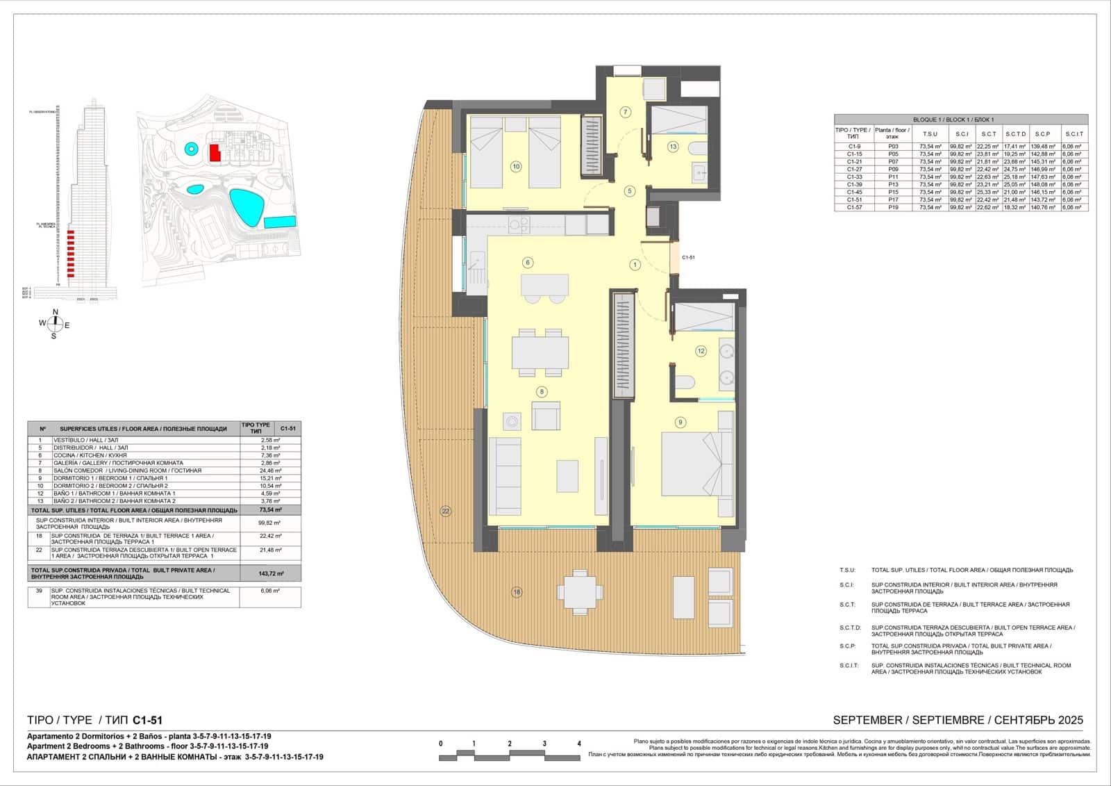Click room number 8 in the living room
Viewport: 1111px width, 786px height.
pos(541,392)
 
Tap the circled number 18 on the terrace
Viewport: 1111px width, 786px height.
pos(516,592)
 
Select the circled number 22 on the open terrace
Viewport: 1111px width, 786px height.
pos(446,511)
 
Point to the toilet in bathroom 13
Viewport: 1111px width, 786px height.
pos(697,148)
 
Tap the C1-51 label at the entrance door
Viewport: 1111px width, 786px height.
pos(688,258)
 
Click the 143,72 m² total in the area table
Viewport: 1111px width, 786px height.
pos(269,573)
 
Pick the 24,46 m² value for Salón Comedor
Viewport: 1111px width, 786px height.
pos(269,470)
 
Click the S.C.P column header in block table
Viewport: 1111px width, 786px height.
pos(1042,134)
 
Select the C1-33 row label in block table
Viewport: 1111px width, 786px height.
pos(854,177)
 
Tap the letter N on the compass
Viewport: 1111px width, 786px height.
pos(56,312)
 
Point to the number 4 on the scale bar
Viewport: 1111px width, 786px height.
pos(579,744)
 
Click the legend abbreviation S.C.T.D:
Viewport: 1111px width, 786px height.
pos(850,628)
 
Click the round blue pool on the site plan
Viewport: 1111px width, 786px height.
pos(190,148)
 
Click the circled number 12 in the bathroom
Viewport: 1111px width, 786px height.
pos(701,351)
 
